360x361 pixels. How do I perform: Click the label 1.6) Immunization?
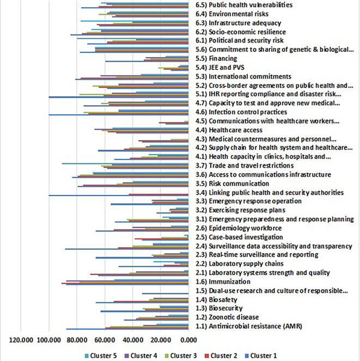pyautogui.click(x=222, y=282)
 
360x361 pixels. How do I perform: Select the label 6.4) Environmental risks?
pyautogui.click(x=232, y=14)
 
